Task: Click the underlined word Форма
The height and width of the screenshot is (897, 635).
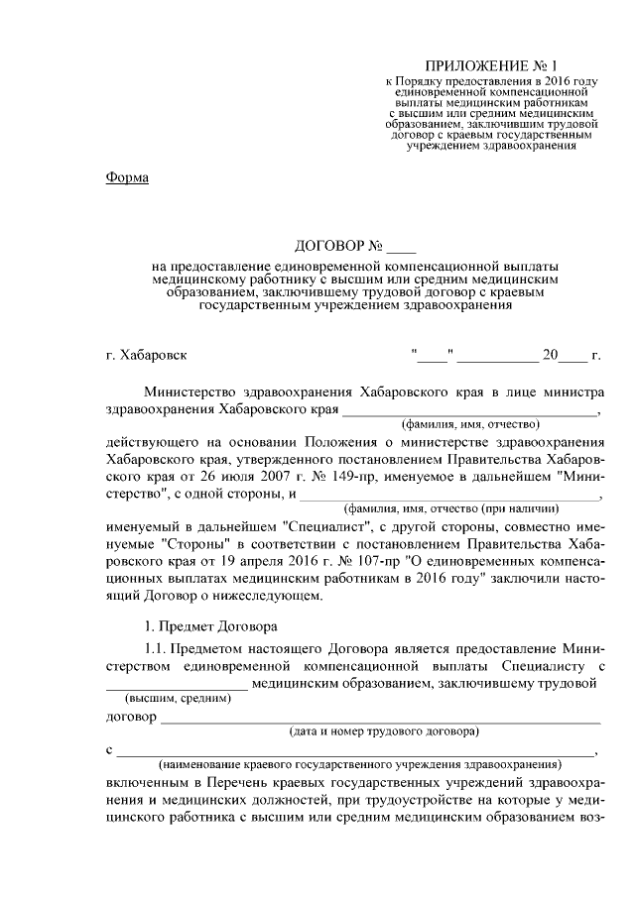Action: click(126, 177)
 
